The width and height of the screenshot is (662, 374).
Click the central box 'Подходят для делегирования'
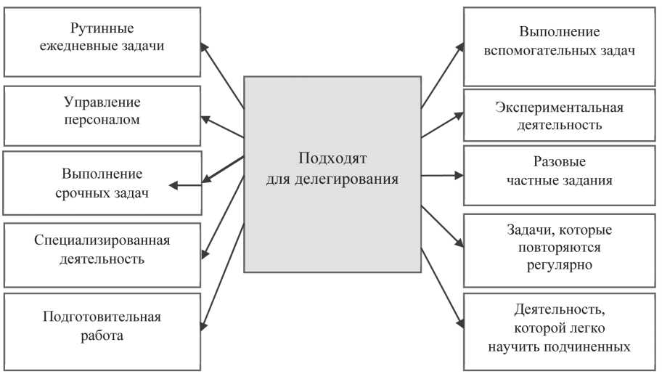pos(332,174)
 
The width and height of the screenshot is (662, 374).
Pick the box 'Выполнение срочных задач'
pos(102,183)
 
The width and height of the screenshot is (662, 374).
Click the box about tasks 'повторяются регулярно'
pos(559,248)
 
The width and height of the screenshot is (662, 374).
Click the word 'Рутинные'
pos(102,30)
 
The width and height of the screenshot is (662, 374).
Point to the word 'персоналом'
pos(102,120)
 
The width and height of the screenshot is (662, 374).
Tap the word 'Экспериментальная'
pos(559,107)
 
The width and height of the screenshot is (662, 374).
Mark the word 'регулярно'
pos(559,265)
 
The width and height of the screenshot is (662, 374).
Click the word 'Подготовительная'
pos(102,317)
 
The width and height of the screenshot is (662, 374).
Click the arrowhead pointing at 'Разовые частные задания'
pos(458,175)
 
